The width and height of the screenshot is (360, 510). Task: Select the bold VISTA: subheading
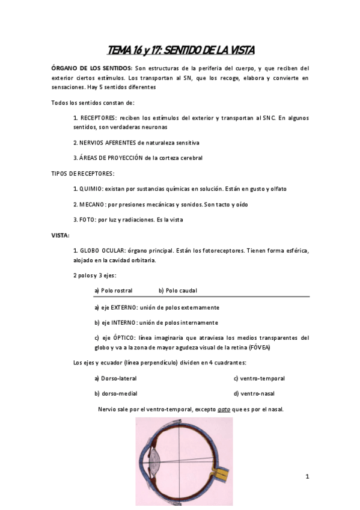coord(60,235)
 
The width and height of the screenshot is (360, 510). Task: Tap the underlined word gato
coord(224,409)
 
